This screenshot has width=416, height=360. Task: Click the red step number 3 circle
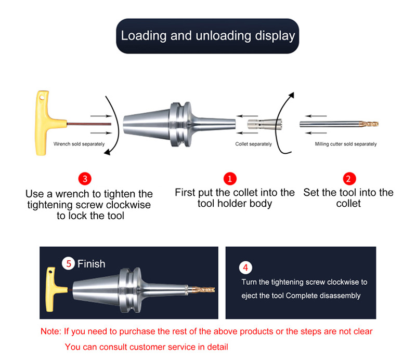(x=85, y=179)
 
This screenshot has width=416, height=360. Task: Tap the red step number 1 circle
(x=230, y=179)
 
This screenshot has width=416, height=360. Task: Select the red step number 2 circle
(x=348, y=179)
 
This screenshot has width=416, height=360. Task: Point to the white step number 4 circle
(x=245, y=268)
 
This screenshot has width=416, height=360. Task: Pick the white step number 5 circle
(x=69, y=263)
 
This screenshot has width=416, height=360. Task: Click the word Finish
(x=92, y=264)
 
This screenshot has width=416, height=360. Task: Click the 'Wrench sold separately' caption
(x=79, y=144)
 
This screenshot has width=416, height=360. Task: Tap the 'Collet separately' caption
(x=253, y=144)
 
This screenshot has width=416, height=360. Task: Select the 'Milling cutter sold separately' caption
(x=346, y=144)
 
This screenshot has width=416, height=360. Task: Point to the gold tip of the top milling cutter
(x=369, y=124)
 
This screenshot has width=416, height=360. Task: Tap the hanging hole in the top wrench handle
(x=42, y=98)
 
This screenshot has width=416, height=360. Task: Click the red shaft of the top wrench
(x=89, y=124)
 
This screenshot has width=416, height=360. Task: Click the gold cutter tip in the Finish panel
(x=203, y=289)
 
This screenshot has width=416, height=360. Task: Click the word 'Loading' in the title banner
(x=144, y=36)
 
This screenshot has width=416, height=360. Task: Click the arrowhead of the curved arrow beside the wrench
(x=107, y=152)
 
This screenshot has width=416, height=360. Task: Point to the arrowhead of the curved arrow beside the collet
(x=292, y=95)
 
